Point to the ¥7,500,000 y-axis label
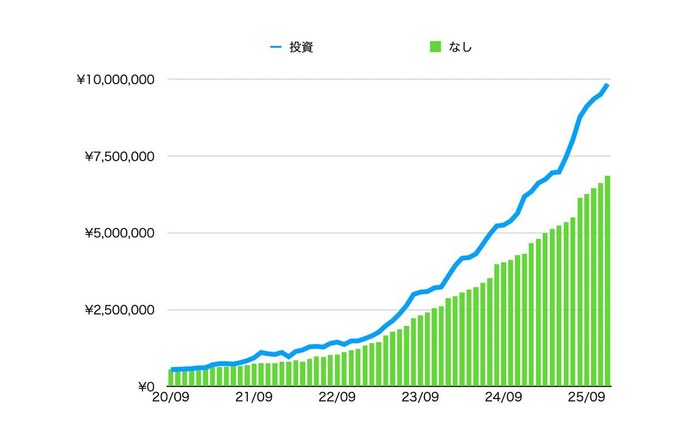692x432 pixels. pos(119,156)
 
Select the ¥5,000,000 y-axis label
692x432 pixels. pos(119,233)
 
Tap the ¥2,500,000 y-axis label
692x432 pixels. pos(119,310)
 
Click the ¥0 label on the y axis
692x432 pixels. pos(146,387)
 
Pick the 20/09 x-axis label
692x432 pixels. pos(171,397)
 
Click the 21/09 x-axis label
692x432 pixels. pos(254,397)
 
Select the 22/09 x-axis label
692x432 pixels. pos(337,397)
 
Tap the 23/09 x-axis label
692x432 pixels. pos(420,397)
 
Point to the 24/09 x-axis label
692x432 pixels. pos(503,397)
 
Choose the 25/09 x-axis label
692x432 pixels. pos(586,397)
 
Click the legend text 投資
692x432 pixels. pos(301,47)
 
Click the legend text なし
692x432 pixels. pos(460,47)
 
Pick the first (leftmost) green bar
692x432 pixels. pos(171,378)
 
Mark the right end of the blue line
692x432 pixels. pos(607,85)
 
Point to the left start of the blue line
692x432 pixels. pos(172,369)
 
